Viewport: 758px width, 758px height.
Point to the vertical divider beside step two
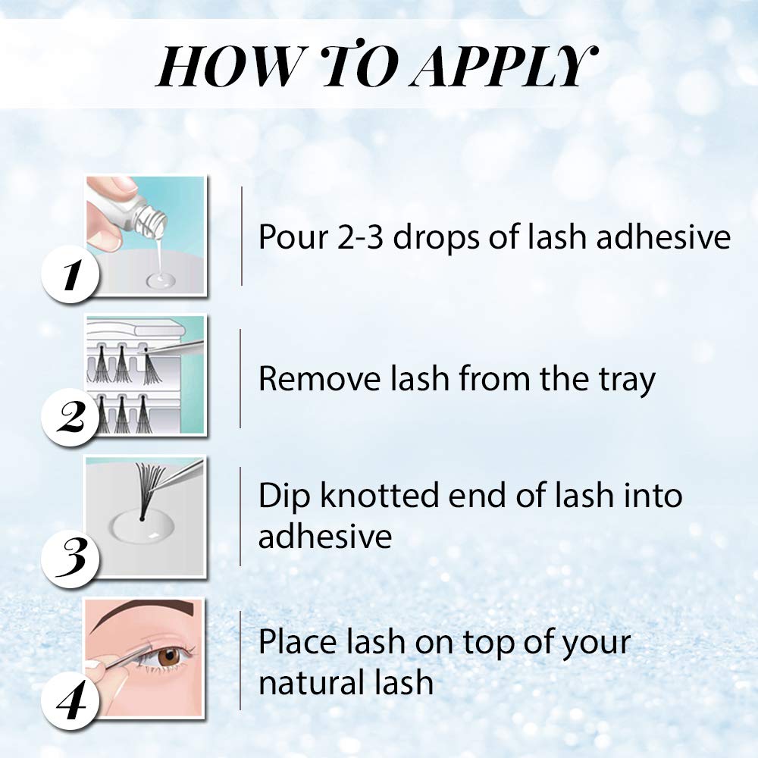coord(241,379)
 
